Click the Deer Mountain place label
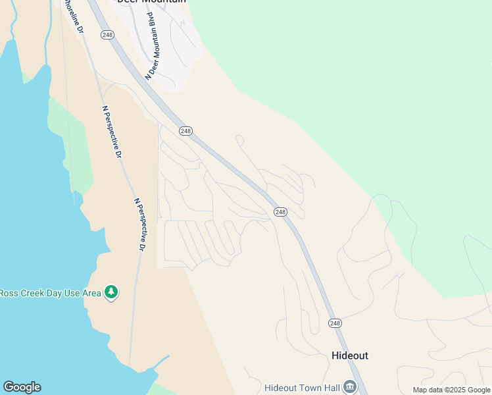point(151,2)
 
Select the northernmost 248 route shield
point(107,35)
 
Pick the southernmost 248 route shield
point(335,323)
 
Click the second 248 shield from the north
point(185,131)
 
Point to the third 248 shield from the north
point(281,211)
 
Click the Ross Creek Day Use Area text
point(50,292)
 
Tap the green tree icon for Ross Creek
point(111,292)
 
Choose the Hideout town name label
point(349,355)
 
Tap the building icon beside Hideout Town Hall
point(350,386)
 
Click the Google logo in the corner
point(22,387)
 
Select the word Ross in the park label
point(9,292)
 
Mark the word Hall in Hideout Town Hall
point(330,387)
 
